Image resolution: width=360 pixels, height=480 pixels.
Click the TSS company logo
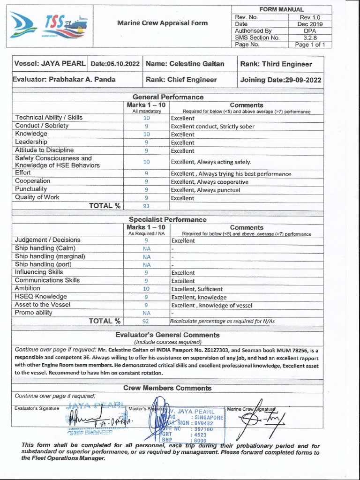50,26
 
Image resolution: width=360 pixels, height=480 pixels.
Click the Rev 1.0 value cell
310,17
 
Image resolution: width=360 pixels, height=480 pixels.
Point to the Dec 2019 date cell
310,24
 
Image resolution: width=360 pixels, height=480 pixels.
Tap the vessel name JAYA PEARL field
50,64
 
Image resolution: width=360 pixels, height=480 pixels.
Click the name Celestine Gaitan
185,64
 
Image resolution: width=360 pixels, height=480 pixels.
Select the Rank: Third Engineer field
276,64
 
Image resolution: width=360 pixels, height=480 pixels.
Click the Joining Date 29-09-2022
281,80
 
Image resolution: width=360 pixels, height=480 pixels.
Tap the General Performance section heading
168,97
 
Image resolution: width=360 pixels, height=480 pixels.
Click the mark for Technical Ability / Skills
146,118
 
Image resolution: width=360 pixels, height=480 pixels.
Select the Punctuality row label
32,189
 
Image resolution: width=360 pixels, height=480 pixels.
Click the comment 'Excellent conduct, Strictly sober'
213,126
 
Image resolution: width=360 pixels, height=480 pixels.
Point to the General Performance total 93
146,205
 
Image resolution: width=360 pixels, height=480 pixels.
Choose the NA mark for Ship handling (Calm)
146,248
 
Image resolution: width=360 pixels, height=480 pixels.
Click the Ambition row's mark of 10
146,289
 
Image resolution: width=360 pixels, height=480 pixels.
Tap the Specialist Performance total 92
146,321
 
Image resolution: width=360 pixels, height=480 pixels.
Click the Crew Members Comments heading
167,388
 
